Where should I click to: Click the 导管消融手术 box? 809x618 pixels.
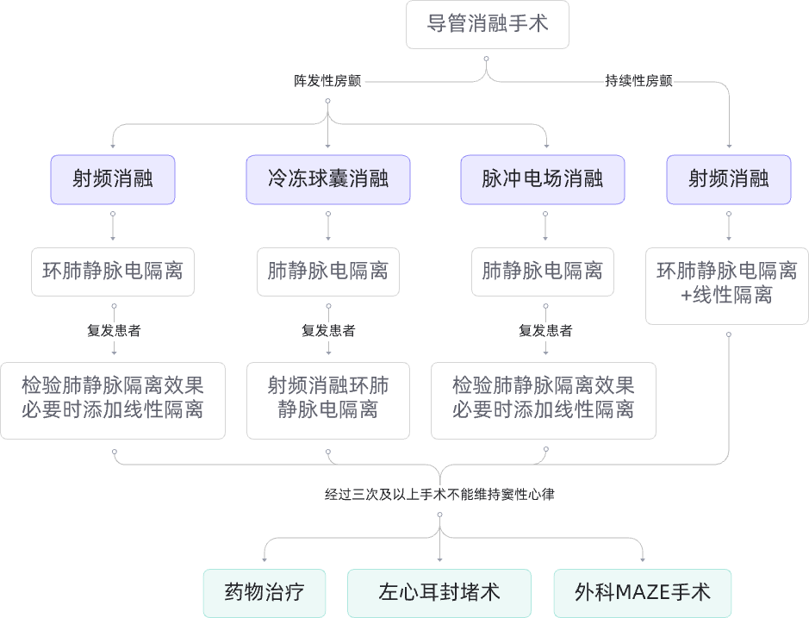pyautogui.click(x=487, y=23)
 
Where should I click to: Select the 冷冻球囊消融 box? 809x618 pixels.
pyautogui.click(x=328, y=179)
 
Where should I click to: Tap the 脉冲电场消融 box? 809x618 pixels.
pyautogui.click(x=542, y=179)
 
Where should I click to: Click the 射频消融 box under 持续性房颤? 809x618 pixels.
pyautogui.click(x=728, y=179)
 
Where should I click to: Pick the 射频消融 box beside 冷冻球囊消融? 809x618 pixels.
pyautogui.click(x=113, y=179)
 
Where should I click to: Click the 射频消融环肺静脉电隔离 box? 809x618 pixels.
pyautogui.click(x=327, y=400)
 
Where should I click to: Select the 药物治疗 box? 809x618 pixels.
pyautogui.click(x=264, y=593)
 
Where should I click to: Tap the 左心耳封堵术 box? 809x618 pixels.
pyautogui.click(x=439, y=593)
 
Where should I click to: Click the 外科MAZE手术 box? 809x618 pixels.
pyautogui.click(x=642, y=593)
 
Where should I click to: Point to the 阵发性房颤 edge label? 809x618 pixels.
pyautogui.click(x=327, y=82)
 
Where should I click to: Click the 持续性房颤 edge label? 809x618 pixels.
pyautogui.click(x=638, y=82)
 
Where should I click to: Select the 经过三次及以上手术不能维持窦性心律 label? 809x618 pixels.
pyautogui.click(x=439, y=495)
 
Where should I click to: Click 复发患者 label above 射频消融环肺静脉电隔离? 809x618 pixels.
pyautogui.click(x=327, y=330)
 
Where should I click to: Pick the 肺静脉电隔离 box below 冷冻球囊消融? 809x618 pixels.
pyautogui.click(x=327, y=272)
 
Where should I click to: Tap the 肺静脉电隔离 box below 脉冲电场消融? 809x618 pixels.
pyautogui.click(x=543, y=272)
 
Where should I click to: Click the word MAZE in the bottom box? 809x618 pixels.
pyautogui.click(x=642, y=593)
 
